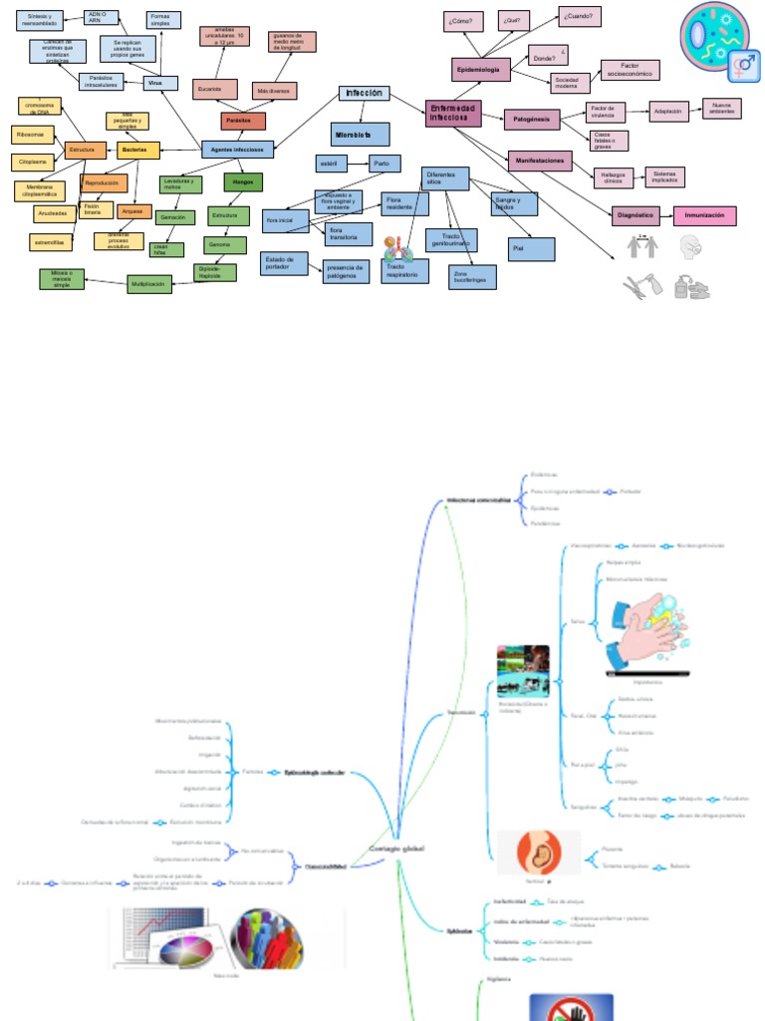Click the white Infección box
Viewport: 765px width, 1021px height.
tap(364, 93)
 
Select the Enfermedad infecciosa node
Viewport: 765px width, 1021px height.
tap(453, 113)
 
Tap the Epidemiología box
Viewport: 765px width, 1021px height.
tap(481, 69)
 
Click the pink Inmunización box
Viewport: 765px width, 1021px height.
tap(704, 215)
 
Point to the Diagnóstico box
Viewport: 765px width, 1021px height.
tap(635, 215)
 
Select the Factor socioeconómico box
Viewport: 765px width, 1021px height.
tap(629, 70)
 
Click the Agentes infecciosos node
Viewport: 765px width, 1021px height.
tap(237, 149)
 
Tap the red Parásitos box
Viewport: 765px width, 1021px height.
tap(243, 122)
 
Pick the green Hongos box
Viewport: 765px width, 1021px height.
tap(243, 182)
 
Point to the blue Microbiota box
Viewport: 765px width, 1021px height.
tap(360, 134)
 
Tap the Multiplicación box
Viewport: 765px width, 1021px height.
tap(148, 284)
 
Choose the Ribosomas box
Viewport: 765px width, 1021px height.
tap(31, 135)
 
